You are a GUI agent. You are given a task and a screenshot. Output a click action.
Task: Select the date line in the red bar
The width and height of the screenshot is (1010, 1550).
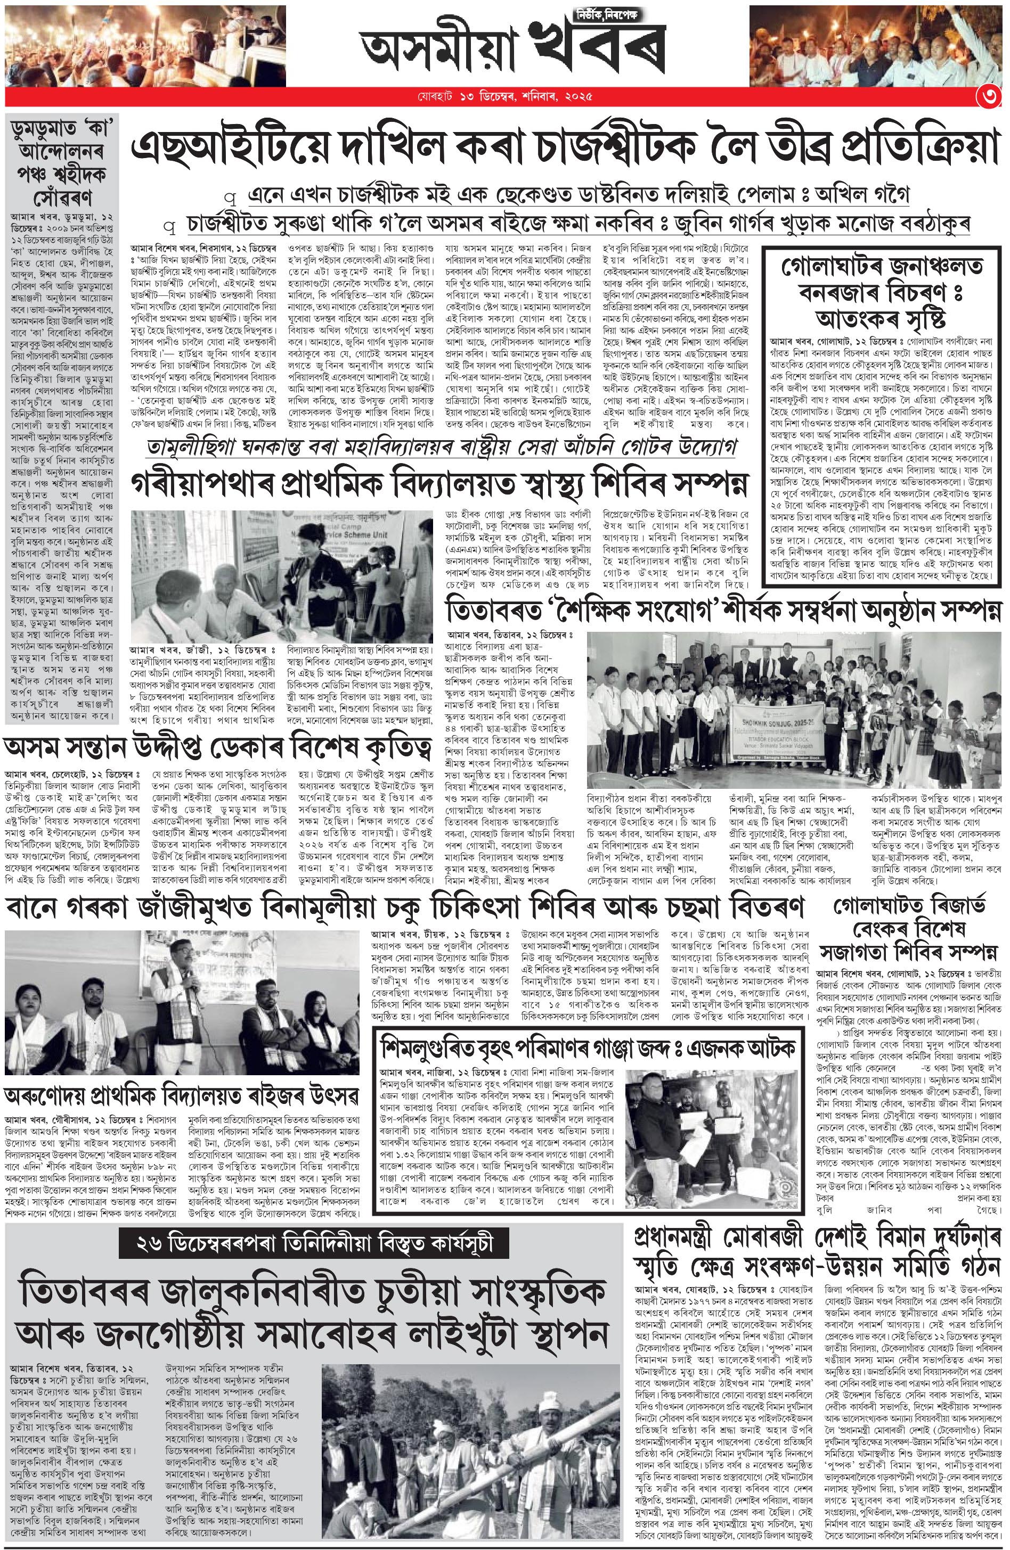coord(504,98)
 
